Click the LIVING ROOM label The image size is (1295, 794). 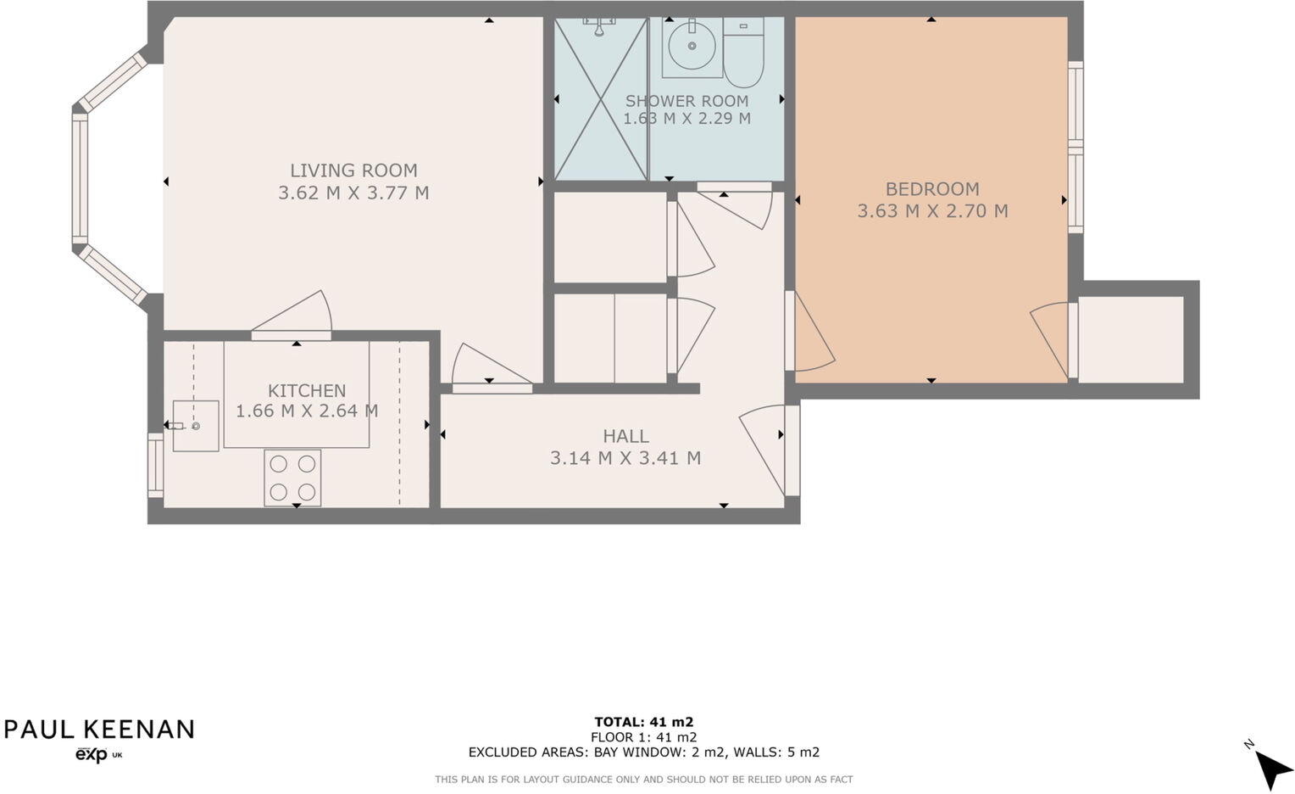[x=353, y=171]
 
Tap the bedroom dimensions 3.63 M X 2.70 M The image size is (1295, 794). [x=932, y=211]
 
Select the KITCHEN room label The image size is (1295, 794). [x=307, y=391]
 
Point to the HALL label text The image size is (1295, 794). [x=625, y=436]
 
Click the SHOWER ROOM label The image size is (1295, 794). [x=686, y=101]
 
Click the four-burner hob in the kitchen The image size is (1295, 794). [x=292, y=478]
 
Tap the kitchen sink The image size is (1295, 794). [x=195, y=426]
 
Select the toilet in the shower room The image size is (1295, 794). [x=744, y=53]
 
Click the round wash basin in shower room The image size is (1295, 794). [x=691, y=47]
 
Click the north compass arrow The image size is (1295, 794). [x=1270, y=768]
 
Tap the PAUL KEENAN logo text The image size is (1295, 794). [x=99, y=730]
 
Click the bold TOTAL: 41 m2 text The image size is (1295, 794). [x=644, y=723]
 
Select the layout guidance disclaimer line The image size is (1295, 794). [x=644, y=780]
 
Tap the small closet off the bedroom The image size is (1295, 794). [x=1131, y=339]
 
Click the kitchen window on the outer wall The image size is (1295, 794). [x=155, y=466]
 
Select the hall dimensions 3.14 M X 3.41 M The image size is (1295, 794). [x=625, y=458]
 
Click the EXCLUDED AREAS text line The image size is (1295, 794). [x=644, y=752]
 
